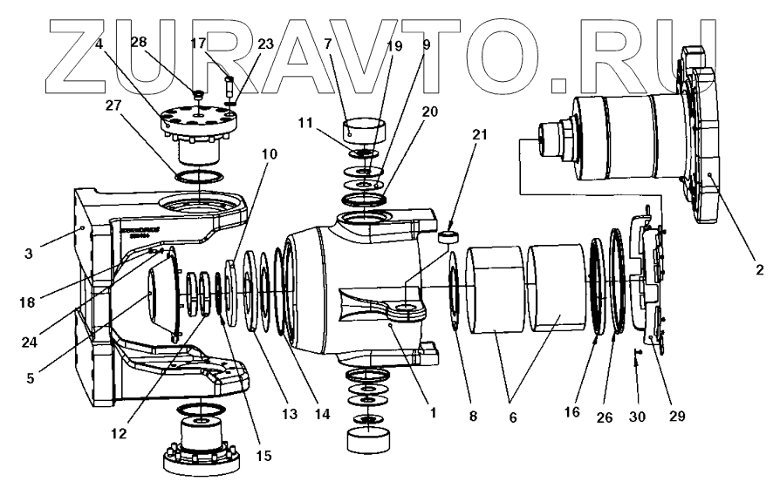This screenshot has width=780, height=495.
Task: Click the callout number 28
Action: pyautogui.click(x=138, y=43)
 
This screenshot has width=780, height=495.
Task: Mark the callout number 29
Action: pyautogui.click(x=677, y=417)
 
